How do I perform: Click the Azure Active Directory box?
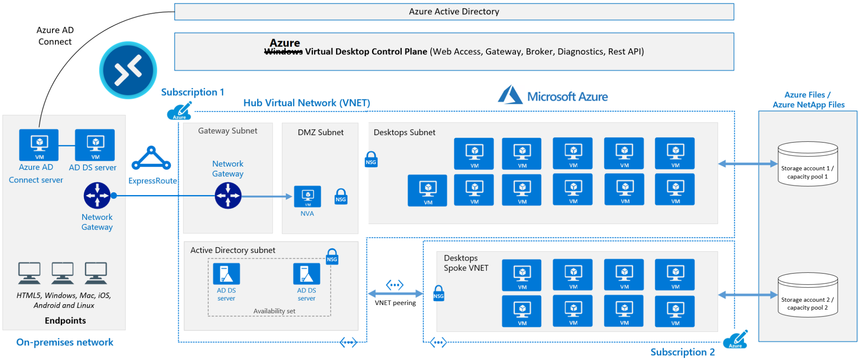coord(454,12)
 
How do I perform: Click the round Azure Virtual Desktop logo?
coord(128,70)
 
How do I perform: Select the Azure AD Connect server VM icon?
coord(39,145)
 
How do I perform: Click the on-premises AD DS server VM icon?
coord(95,145)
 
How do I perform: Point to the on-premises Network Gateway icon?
coord(97,196)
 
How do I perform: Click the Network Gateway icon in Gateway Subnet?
coord(228,196)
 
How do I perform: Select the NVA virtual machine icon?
coord(307,196)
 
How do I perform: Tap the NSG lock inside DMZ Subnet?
coord(341,196)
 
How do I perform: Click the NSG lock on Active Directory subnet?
coord(332,256)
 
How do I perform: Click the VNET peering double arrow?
coord(395,293)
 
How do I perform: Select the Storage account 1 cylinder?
coord(807,164)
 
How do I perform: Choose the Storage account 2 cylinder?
coord(807,295)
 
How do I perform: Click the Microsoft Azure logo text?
coord(567,97)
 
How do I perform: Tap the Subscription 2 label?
coord(682,352)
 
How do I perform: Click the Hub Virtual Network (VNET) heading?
coord(307,103)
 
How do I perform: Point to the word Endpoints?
coord(65,321)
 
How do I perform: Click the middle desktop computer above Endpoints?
coord(62,273)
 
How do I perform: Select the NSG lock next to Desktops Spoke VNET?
coord(438,293)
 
